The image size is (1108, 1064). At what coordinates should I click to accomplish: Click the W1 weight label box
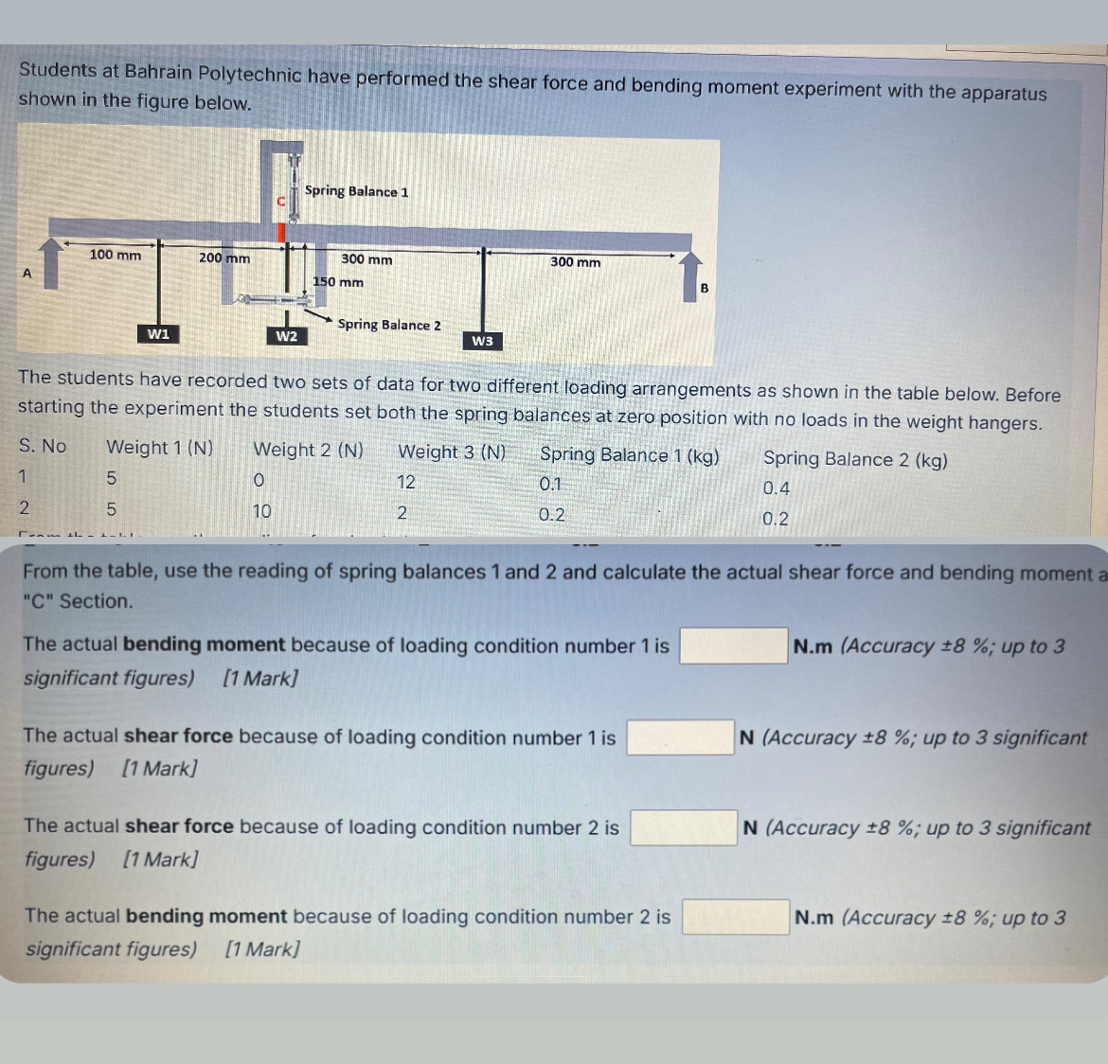pyautogui.click(x=158, y=333)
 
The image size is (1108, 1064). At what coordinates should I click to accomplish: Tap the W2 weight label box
pyautogui.click(x=286, y=336)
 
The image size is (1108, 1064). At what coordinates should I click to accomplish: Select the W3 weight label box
pyautogui.click(x=483, y=341)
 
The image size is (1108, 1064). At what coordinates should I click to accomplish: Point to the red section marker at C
pyautogui.click(x=281, y=233)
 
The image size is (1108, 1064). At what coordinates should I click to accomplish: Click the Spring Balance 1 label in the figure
pyautogui.click(x=356, y=191)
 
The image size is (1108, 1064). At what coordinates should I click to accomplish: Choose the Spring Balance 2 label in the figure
pyautogui.click(x=389, y=325)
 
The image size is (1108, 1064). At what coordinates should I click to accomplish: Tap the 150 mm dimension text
pyautogui.click(x=338, y=282)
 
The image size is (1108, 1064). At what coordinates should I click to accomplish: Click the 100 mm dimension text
pyautogui.click(x=116, y=255)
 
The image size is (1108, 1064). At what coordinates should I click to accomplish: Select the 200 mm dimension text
pyautogui.click(x=224, y=257)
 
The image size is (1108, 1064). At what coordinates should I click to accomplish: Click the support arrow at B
pyautogui.click(x=690, y=277)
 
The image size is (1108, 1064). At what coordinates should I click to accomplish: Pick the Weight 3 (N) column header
pyautogui.click(x=453, y=452)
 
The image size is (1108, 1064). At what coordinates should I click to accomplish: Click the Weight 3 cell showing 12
pyautogui.click(x=406, y=483)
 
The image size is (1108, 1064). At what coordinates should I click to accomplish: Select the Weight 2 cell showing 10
pyautogui.click(x=261, y=511)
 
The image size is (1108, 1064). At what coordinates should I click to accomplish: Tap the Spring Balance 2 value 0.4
pyautogui.click(x=777, y=488)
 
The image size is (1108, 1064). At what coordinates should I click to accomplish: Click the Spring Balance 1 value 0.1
pyautogui.click(x=550, y=485)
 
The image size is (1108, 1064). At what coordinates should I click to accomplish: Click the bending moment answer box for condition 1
pyautogui.click(x=734, y=646)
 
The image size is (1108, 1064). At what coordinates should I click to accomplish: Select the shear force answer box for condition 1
pyautogui.click(x=681, y=736)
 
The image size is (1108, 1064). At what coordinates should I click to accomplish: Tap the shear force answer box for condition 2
pyautogui.click(x=684, y=827)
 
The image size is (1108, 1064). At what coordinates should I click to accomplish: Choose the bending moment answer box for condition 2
pyautogui.click(x=736, y=917)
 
